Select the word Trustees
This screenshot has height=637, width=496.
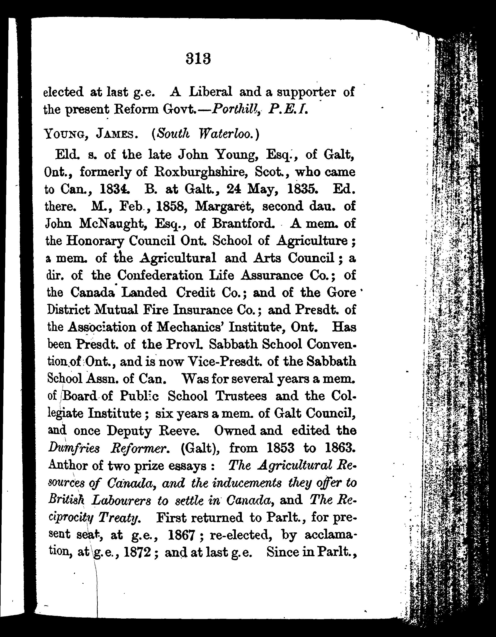coord(241,396)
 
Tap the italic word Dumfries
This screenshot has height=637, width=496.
coord(74,448)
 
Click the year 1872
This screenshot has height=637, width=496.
coord(137,552)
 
